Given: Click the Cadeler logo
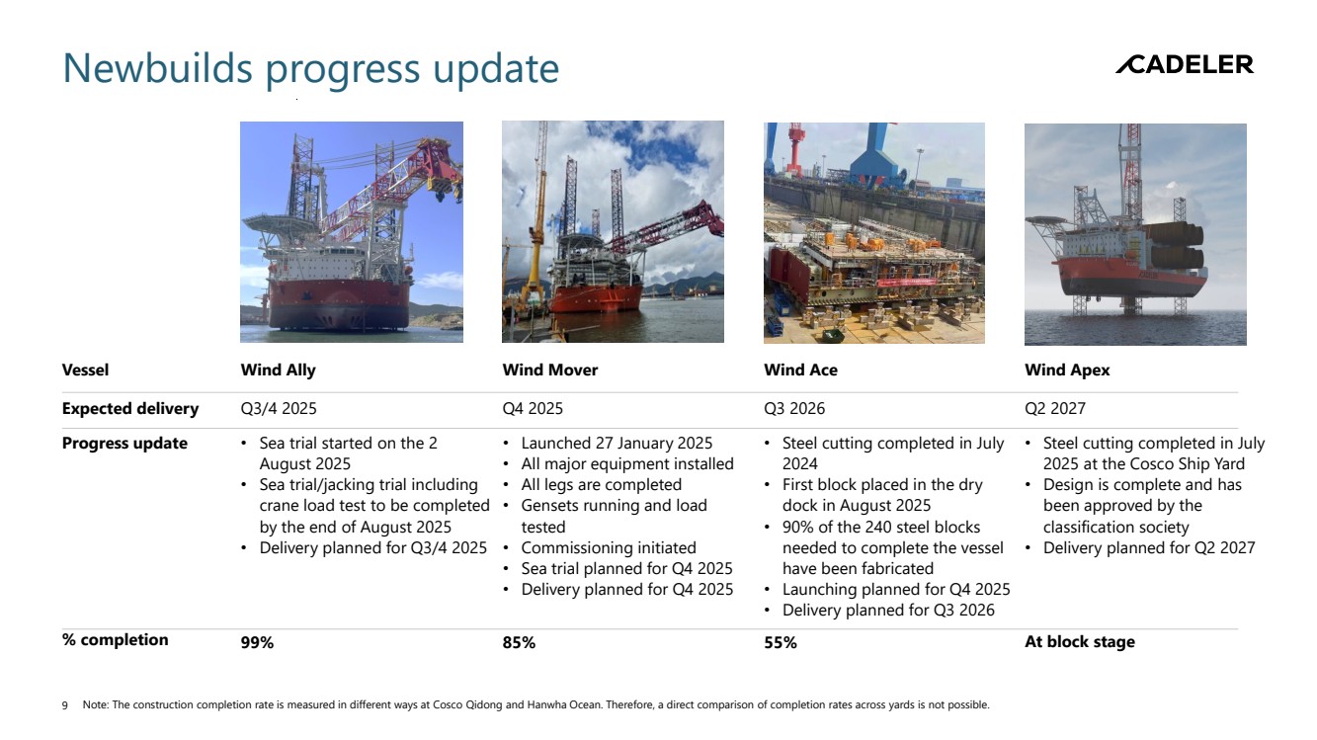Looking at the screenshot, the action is click(1185, 64).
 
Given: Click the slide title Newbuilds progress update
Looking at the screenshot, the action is click(310, 69).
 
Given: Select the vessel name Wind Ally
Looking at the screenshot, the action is click(278, 370).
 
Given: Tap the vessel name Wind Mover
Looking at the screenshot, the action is click(549, 370).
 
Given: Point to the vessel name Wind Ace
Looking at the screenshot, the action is click(801, 370).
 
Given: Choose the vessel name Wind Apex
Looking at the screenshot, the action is click(1067, 370).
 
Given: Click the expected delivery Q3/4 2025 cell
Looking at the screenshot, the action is click(279, 408).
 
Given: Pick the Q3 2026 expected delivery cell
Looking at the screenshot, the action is click(794, 408).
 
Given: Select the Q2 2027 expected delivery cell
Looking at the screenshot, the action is click(1055, 408).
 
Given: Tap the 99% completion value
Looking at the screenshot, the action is click(257, 642).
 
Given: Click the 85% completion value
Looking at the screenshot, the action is click(519, 642).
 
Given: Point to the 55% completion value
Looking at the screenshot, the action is click(781, 642).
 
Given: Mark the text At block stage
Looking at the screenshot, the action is click(1080, 642).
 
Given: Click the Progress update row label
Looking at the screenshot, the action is click(124, 444).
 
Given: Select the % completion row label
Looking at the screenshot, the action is click(116, 639).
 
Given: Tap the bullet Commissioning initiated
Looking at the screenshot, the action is click(608, 547).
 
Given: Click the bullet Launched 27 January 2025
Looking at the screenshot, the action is click(617, 444).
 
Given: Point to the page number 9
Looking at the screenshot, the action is click(64, 705).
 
